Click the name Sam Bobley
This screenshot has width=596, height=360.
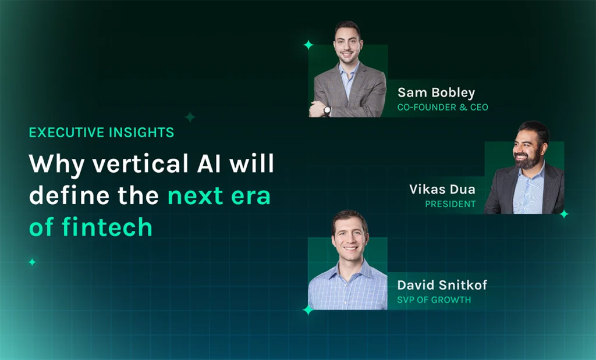[436, 93]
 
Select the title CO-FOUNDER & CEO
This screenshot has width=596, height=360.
[442, 108]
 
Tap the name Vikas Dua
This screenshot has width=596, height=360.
[442, 190]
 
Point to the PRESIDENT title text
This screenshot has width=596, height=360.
[450, 204]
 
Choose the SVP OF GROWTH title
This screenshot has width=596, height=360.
[434, 300]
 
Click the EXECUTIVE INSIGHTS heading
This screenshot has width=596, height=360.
[101, 133]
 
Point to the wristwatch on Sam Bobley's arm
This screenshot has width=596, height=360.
[327, 110]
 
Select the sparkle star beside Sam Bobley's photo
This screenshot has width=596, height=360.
[308, 45]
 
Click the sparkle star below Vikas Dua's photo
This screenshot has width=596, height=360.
[563, 214]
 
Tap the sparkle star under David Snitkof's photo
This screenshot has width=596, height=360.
[308, 310]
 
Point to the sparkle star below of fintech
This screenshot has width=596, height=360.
[32, 262]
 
